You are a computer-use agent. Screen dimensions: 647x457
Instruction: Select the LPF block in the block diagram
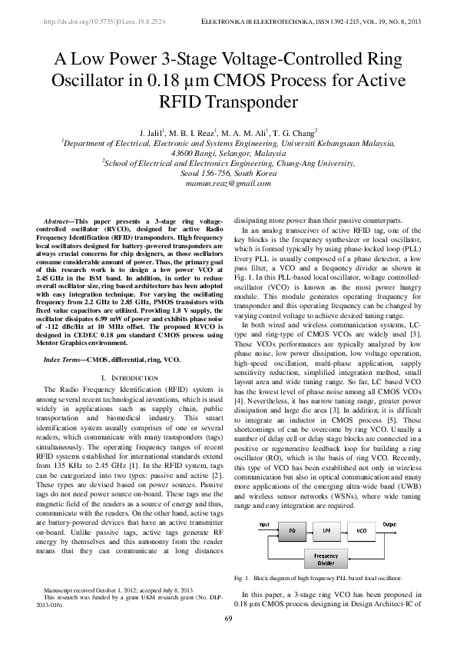[326, 530]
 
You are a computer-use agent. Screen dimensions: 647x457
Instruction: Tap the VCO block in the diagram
[361, 530]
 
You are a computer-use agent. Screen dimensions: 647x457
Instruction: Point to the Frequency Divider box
[326, 559]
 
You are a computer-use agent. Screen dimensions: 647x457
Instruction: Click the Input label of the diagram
[263, 525]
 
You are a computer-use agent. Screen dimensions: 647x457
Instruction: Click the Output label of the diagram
[390, 525]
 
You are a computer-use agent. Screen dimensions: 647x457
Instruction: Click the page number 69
[228, 619]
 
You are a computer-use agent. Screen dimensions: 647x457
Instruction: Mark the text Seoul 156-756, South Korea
[228, 174]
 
